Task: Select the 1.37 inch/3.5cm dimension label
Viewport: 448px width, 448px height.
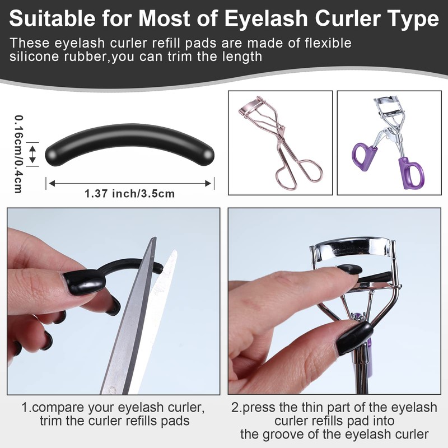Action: [x=130, y=194]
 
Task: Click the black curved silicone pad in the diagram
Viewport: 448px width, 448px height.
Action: [x=130, y=143]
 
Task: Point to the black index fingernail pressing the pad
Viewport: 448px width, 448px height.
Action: [x=351, y=269]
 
